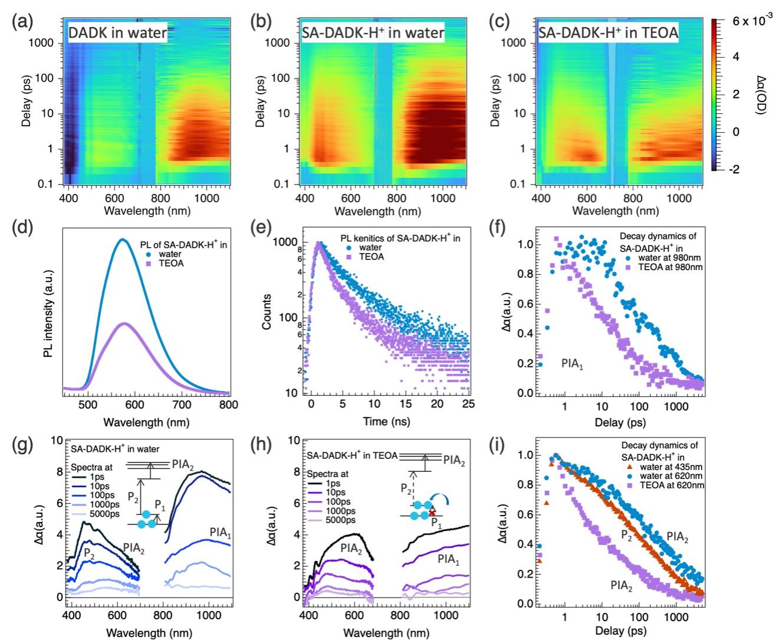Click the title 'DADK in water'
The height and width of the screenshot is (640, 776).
(x=117, y=32)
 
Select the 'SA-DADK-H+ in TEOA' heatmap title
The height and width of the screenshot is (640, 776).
(x=608, y=32)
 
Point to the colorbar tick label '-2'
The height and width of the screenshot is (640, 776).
(x=734, y=169)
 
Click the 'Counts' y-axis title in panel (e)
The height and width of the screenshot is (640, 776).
(x=267, y=311)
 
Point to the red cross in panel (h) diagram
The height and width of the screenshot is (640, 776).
(x=432, y=513)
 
